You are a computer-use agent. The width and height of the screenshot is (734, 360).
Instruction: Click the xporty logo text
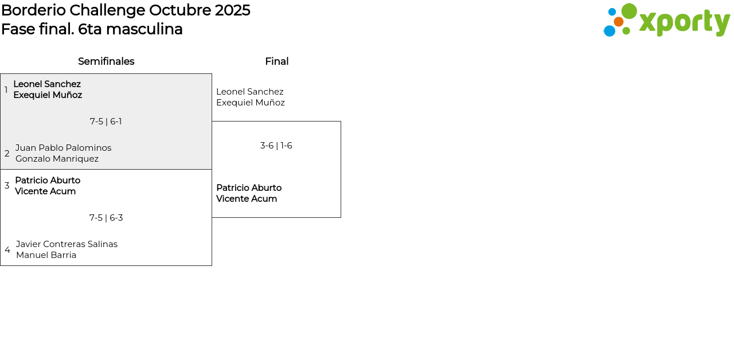point(685,22)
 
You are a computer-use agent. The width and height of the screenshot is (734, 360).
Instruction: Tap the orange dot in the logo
point(618,22)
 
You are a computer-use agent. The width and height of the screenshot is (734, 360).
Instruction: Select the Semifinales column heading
point(106,61)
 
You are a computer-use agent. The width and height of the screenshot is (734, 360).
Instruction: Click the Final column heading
point(277,61)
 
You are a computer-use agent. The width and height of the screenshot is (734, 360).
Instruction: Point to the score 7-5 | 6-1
point(106,122)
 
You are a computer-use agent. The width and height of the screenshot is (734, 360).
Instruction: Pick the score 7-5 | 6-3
point(106,218)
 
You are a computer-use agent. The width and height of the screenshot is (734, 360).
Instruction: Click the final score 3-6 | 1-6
point(276,146)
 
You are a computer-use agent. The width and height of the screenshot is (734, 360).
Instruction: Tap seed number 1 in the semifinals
point(6,89)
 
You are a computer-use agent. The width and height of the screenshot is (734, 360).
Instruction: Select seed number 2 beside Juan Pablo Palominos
point(7,153)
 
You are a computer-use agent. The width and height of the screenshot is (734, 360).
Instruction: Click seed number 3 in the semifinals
point(7,186)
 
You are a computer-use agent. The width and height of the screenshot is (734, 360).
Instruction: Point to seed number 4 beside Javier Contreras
point(7,250)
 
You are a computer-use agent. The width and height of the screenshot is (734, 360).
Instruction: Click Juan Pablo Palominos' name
point(64,148)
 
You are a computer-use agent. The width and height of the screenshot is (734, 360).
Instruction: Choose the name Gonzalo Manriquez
point(57,159)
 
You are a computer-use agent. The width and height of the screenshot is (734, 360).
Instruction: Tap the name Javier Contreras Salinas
point(67,244)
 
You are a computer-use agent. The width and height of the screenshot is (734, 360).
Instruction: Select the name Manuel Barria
point(46,255)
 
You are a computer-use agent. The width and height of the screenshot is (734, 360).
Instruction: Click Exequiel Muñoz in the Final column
point(251,103)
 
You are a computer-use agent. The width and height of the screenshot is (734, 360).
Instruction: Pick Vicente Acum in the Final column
point(247,199)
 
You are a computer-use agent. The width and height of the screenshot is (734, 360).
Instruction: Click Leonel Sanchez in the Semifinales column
point(47,84)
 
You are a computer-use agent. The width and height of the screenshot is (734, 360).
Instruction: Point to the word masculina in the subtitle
point(144,29)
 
